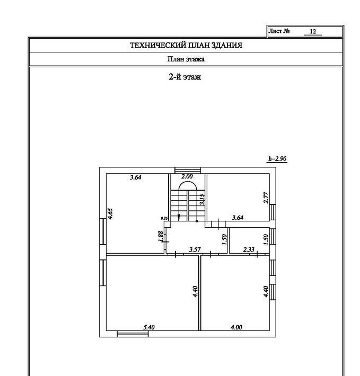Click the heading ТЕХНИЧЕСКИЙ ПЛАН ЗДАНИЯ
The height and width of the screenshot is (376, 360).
(x=186, y=46)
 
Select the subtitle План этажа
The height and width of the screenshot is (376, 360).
(x=186, y=59)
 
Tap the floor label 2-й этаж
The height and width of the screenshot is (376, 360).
(x=185, y=77)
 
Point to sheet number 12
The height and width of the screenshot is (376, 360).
(x=313, y=31)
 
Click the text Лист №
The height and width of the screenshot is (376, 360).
(x=279, y=31)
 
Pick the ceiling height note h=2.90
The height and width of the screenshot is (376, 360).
(x=277, y=159)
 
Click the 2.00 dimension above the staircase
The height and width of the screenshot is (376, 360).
(x=187, y=176)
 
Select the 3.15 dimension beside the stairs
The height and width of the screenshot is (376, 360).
(x=202, y=200)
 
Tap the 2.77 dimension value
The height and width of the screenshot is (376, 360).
(x=266, y=198)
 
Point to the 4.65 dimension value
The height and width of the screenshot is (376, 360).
(x=110, y=213)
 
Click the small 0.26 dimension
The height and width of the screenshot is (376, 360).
(x=164, y=218)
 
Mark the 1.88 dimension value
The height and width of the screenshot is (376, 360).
(x=161, y=236)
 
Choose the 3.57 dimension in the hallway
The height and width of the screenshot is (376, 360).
(x=195, y=249)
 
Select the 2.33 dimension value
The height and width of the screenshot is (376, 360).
(x=249, y=249)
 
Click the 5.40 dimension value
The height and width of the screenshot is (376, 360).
(x=149, y=327)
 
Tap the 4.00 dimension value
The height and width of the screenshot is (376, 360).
(x=236, y=327)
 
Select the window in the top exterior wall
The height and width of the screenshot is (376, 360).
(x=188, y=170)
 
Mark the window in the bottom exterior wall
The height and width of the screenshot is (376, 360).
(x=133, y=334)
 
